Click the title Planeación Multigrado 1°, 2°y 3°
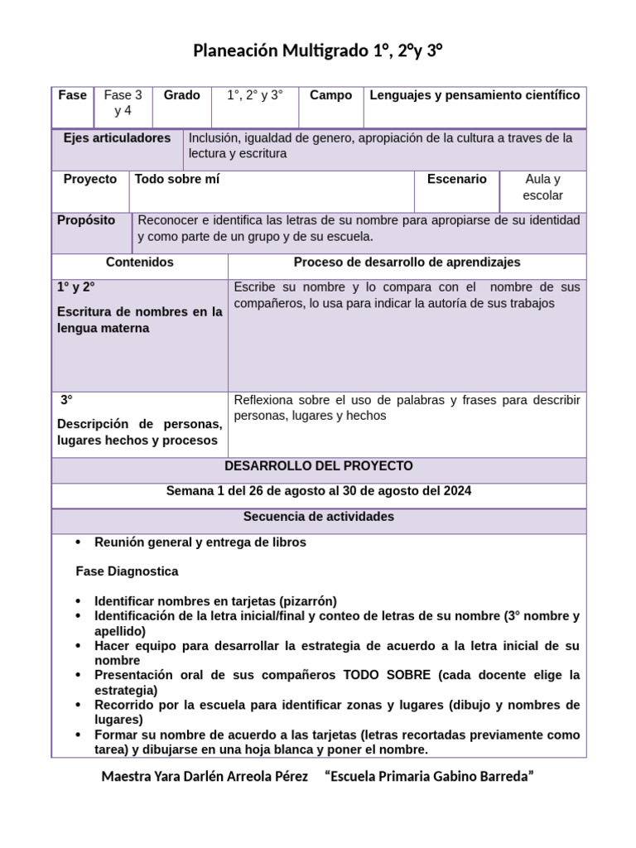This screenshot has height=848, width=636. [318, 51]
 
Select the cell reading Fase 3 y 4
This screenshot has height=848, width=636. [123, 103]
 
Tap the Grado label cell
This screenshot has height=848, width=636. [181, 95]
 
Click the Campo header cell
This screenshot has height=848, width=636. [330, 95]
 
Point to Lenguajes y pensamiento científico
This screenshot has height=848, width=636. [475, 95]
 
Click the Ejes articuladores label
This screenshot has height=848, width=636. [117, 138]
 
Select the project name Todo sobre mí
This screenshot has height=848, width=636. [177, 179]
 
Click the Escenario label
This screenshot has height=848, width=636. [456, 179]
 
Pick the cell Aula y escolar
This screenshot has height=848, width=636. [542, 187]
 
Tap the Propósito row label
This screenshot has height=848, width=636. [86, 220]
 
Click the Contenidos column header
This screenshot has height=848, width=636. [140, 262]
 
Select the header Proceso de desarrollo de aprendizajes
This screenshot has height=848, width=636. [407, 262]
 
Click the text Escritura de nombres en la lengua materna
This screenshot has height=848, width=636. [139, 320]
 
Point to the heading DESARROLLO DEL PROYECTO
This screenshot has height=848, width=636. [319, 466]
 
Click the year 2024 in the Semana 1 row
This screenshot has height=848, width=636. [456, 491]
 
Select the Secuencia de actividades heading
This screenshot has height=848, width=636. [319, 517]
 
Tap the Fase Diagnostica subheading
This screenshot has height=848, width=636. [127, 571]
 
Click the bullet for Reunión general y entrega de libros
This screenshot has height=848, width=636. [78, 542]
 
